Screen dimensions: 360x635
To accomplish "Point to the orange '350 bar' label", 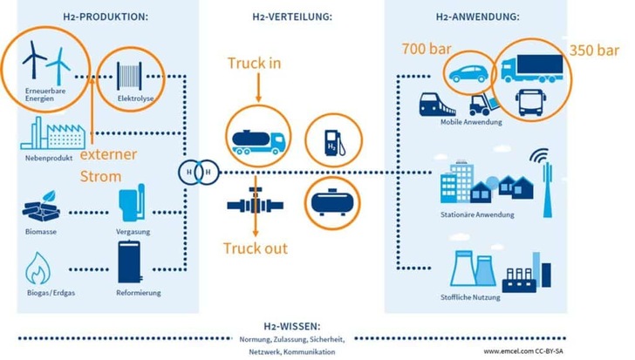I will tap(597, 50).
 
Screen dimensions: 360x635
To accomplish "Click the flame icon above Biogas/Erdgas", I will tap(40, 268).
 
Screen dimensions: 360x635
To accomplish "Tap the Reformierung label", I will tap(138, 292).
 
